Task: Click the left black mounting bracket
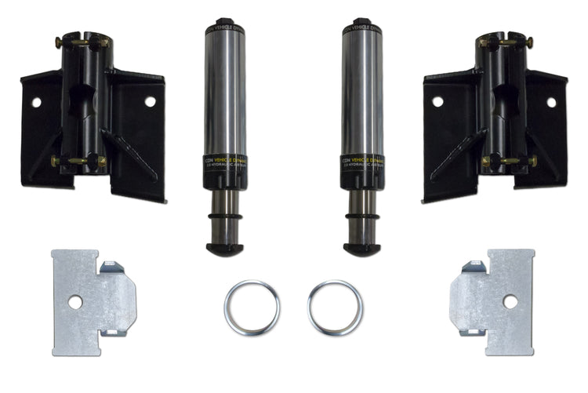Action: [x=94, y=118]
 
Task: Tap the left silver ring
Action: [x=251, y=307]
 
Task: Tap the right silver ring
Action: [x=335, y=307]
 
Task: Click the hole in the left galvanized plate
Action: [x=74, y=301]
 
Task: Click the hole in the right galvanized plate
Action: [x=510, y=301]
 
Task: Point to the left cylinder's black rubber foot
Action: [x=225, y=249]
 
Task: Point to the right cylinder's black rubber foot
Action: [x=361, y=249]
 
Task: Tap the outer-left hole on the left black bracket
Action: [x=35, y=102]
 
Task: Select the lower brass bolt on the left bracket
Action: [x=78, y=162]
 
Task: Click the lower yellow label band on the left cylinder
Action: [x=225, y=160]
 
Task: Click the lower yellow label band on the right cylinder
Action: [x=361, y=160]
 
